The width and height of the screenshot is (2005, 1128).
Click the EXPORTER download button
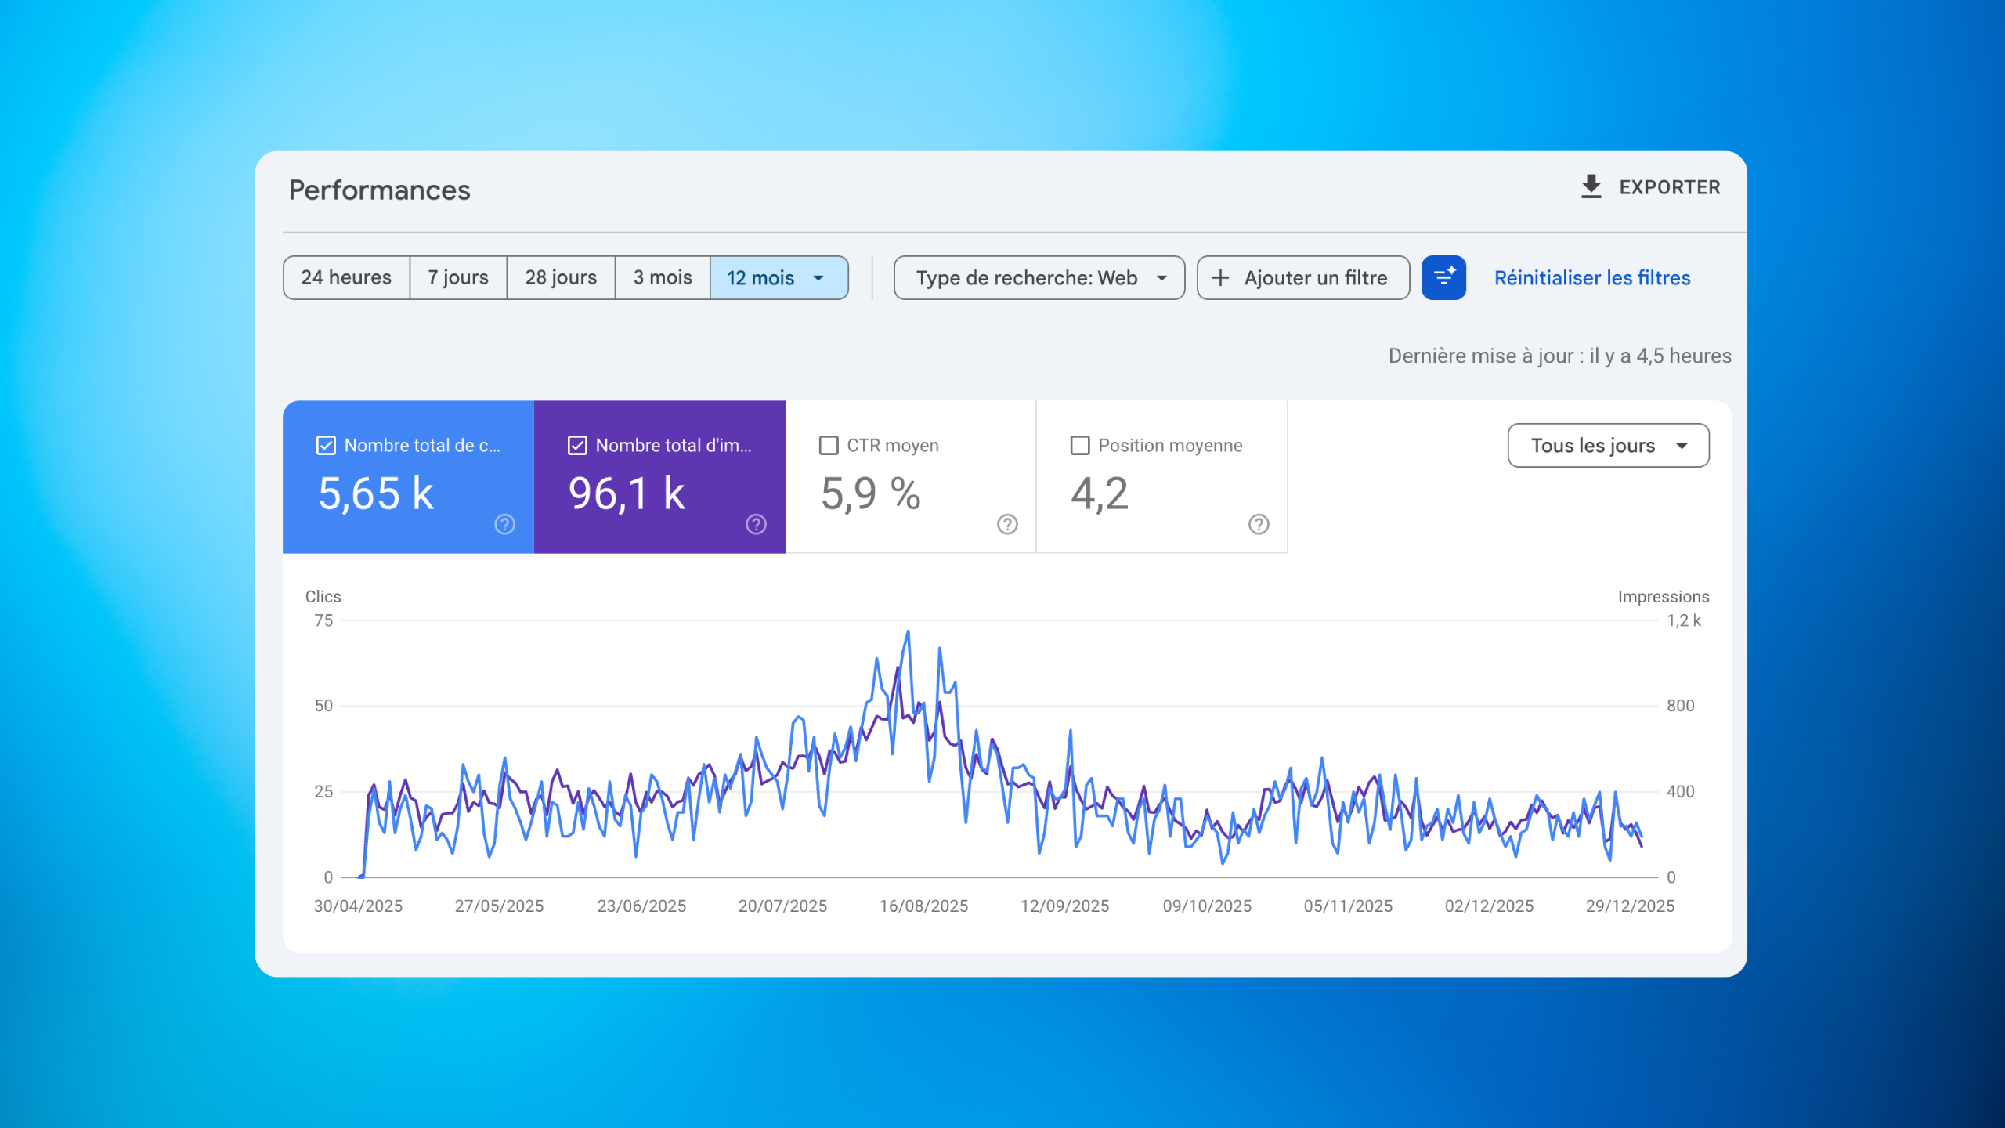pos(1651,187)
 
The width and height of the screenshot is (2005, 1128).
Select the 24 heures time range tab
pos(346,277)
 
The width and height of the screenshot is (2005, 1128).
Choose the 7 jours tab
pos(458,277)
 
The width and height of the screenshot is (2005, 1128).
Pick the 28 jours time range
pos(561,277)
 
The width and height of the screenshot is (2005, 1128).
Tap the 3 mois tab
pos(663,277)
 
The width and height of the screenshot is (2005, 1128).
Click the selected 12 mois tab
pos(775,277)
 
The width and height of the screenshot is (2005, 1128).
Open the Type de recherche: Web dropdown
pos(1039,277)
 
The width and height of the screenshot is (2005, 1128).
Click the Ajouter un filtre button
pos(1303,277)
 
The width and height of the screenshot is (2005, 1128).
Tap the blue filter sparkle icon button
pos(1443,277)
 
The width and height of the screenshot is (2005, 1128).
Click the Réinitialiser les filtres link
pos(1592,277)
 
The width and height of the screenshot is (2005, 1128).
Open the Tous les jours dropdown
pos(1608,445)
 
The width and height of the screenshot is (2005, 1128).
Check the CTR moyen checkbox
pos(829,445)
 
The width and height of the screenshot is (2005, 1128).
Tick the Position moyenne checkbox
pos(1080,445)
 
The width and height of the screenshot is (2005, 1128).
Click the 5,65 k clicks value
pos(376,493)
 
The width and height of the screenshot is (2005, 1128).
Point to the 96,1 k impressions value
pos(627,493)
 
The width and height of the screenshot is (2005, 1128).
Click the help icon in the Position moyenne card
pos(1259,524)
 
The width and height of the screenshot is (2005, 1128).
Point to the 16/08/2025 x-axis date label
pos(923,906)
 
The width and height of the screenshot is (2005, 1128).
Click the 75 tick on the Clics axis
pos(323,620)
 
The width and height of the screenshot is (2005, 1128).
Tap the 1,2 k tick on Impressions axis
pos(1683,620)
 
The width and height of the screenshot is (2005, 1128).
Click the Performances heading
pos(380,190)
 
